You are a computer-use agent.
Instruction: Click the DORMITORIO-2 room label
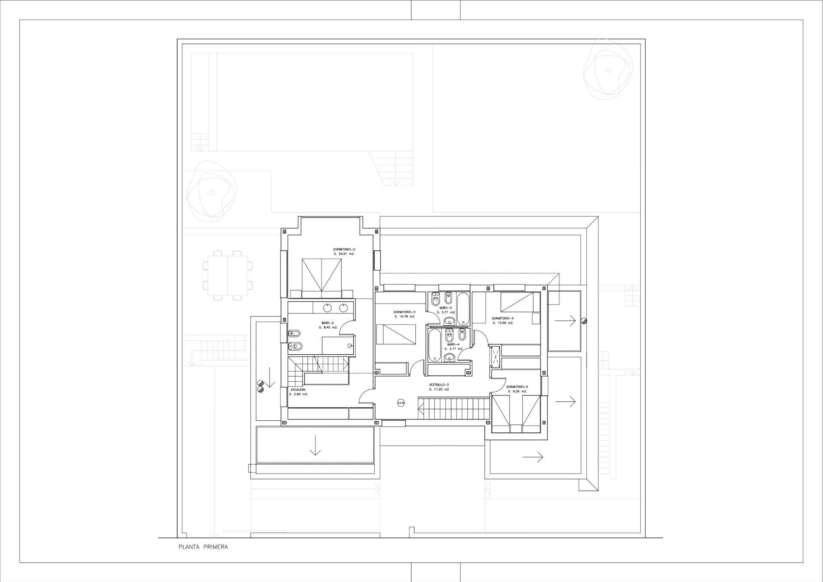coord(344,249)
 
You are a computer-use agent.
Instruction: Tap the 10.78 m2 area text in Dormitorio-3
coord(404,317)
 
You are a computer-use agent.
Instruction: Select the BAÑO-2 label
coord(327,323)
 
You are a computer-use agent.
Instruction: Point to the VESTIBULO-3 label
coord(439,385)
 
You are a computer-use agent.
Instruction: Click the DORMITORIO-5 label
coord(517,386)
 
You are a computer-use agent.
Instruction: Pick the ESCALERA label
coord(298,389)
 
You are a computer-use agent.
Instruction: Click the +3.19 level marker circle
coord(401,403)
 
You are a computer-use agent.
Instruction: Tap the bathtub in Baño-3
coord(463,308)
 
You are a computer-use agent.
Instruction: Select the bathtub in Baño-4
coord(434,344)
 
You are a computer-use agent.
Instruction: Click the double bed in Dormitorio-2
coord(321,277)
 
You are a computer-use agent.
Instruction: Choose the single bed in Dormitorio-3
coord(396,334)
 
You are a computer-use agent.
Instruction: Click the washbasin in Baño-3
coord(450,320)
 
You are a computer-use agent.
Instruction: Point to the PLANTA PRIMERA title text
coord(203,547)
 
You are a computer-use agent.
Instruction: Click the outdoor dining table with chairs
coord(228,274)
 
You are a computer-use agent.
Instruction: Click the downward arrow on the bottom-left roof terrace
coord(315,445)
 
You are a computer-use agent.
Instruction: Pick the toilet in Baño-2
coord(295,332)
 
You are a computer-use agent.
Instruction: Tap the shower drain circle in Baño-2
coord(350,346)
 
